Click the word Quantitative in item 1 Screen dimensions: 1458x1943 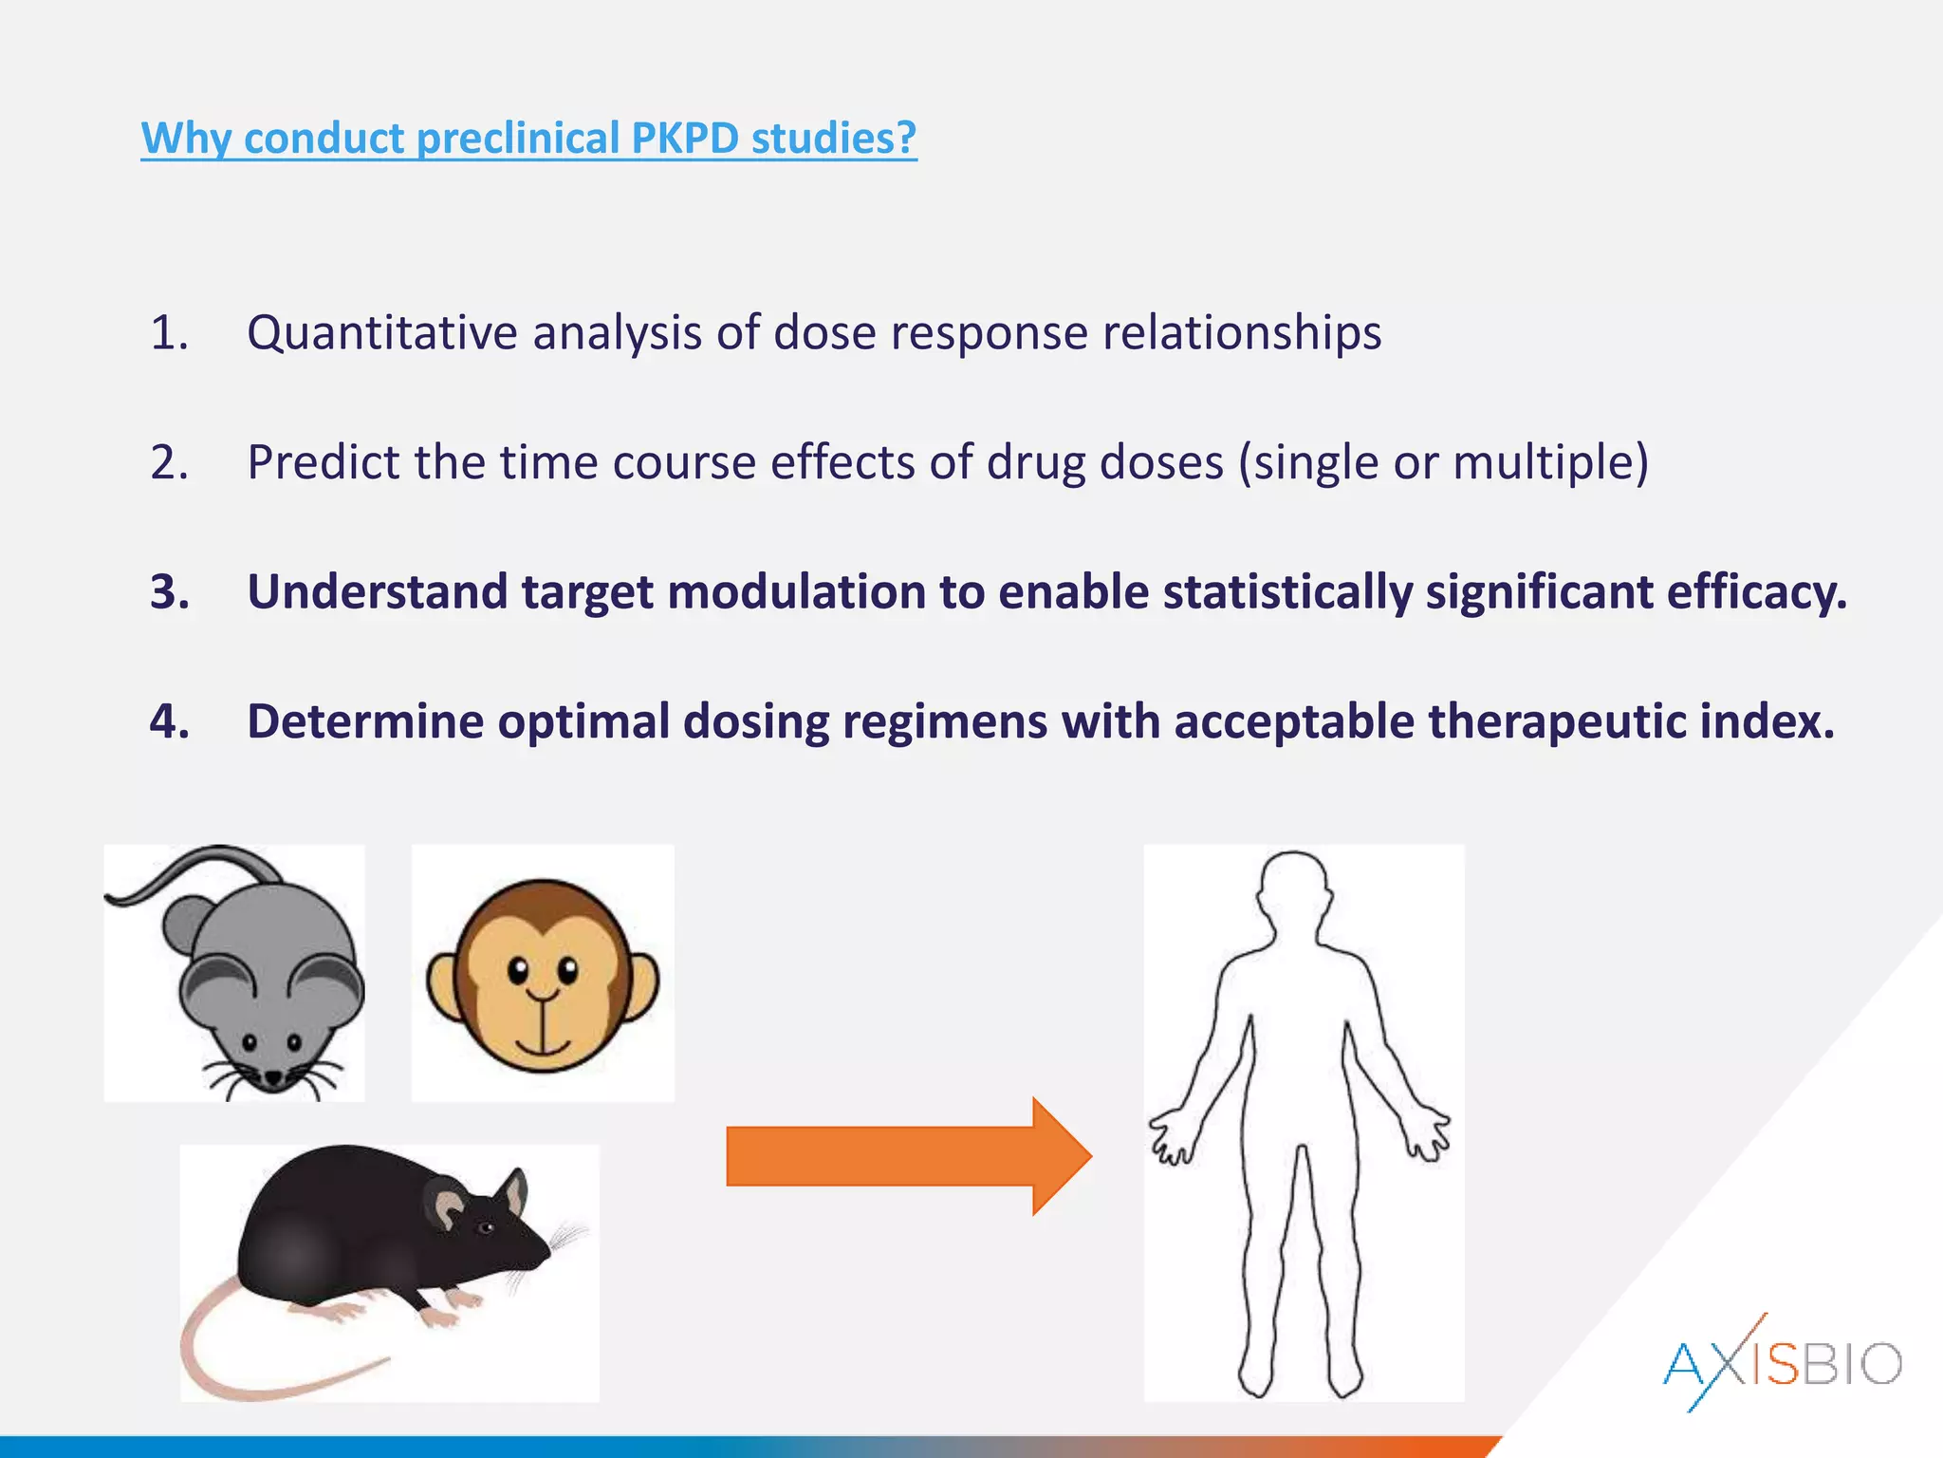click(x=382, y=333)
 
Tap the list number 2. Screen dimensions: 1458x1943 click(x=169, y=463)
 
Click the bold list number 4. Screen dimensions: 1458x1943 click(x=169, y=721)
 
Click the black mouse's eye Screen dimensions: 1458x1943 click(x=487, y=1228)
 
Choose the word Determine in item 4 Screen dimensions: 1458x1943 click(x=365, y=721)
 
